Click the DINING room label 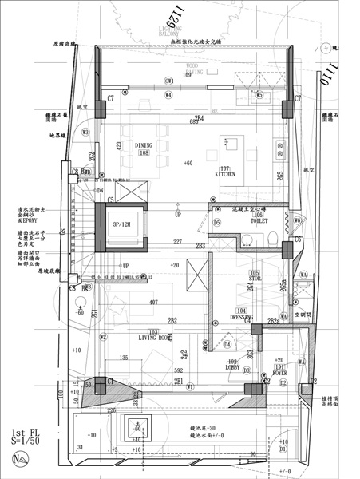143,145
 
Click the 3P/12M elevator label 121,224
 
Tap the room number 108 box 144,152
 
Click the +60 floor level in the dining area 188,163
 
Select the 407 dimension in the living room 153,303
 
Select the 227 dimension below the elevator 178,243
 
